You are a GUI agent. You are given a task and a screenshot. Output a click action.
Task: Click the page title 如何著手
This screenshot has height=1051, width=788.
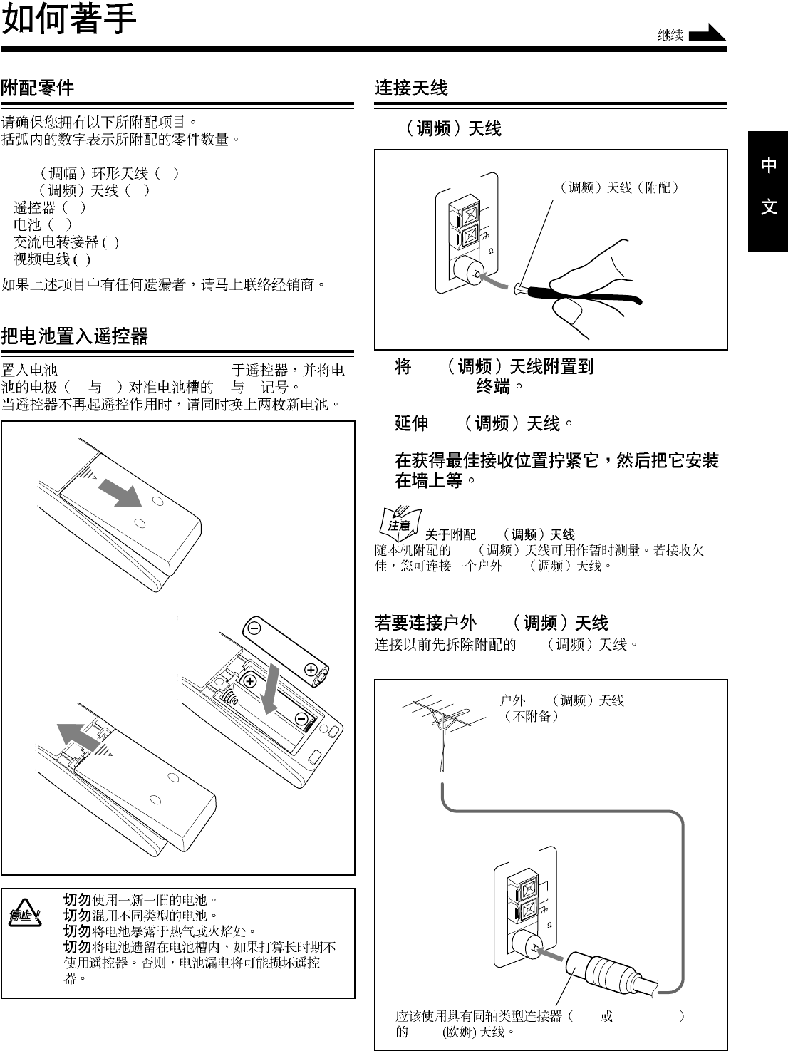pos(69,20)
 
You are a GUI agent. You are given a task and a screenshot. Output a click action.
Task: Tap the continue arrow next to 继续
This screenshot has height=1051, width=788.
pos(707,33)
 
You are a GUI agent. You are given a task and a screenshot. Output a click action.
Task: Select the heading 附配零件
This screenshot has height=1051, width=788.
pos(37,88)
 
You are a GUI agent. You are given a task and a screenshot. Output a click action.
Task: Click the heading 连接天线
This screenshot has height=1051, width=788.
pos(411,88)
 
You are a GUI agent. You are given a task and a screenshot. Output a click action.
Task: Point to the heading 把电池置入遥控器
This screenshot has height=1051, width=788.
pos(74,336)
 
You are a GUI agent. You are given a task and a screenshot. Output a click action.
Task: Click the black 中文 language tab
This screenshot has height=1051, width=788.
pos(768,187)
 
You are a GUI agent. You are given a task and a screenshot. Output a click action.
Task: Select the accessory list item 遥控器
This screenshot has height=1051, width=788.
pos(34,208)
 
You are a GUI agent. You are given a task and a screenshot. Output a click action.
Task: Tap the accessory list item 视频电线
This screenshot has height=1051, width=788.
pos(42,259)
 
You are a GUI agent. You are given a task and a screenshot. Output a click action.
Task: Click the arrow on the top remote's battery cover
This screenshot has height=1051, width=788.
pos(119,492)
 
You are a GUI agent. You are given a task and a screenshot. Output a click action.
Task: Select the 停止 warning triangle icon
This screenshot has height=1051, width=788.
pos(24,913)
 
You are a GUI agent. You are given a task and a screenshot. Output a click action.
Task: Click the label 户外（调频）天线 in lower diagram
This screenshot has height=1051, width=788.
pos(561,701)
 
